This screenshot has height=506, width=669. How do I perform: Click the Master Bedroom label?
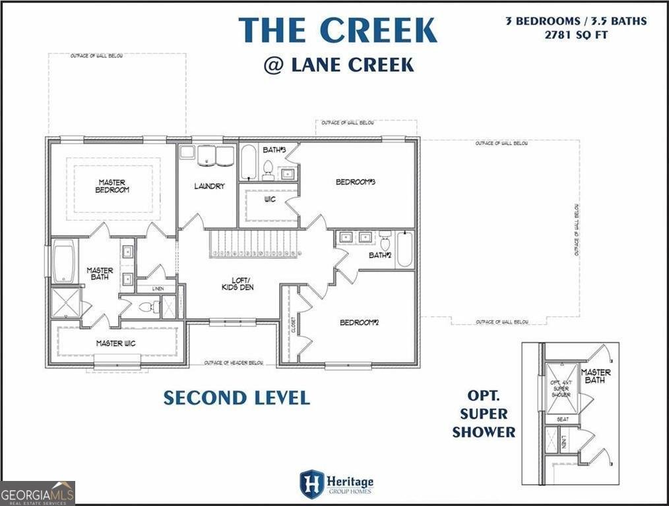(x=113, y=186)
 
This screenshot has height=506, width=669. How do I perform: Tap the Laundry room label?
(x=209, y=186)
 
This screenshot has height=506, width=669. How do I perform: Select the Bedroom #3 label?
(x=356, y=183)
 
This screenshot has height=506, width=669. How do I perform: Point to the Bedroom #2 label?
(x=358, y=322)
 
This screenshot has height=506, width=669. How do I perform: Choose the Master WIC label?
(x=116, y=343)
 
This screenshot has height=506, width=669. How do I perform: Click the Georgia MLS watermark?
(x=38, y=493)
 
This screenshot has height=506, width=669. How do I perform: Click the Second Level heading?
(x=236, y=398)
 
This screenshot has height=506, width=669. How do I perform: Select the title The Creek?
(x=337, y=30)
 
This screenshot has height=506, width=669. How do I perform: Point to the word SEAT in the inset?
(x=561, y=418)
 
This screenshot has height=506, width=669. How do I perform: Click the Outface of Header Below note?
(x=234, y=362)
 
